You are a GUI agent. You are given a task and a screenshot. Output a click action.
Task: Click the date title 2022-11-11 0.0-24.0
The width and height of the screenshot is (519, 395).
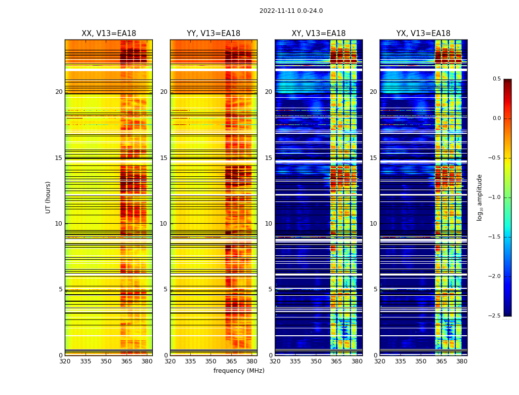[291, 11]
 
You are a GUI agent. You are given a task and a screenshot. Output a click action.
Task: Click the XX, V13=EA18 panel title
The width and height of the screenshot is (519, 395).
[109, 34]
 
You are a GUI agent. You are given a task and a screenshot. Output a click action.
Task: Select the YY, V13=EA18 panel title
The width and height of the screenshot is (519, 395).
[214, 34]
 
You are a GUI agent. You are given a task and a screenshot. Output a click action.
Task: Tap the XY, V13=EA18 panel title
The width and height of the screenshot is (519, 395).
[318, 34]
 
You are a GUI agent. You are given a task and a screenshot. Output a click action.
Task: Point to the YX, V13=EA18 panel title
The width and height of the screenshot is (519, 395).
[423, 34]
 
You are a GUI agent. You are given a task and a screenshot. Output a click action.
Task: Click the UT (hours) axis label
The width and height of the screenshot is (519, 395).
[48, 197]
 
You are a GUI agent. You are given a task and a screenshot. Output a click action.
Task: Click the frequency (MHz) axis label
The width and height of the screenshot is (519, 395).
[239, 371]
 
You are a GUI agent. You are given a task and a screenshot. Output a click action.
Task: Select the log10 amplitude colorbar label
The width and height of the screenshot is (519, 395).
[479, 197]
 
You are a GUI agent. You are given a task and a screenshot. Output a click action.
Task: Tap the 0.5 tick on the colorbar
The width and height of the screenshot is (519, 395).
[496, 79]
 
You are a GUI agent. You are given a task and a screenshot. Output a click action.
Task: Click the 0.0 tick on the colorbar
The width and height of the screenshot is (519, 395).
[496, 118]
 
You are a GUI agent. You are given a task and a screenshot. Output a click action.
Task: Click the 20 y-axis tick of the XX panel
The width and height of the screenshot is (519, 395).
[59, 92]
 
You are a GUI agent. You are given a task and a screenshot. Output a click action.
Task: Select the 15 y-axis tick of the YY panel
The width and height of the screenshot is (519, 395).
[164, 158]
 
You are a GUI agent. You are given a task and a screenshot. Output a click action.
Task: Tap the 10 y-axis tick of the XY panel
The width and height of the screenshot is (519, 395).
[269, 224]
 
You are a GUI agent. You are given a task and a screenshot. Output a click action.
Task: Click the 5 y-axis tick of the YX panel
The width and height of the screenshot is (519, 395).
[376, 289]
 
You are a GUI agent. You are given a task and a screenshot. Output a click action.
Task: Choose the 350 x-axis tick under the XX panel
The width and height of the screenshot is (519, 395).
[106, 361]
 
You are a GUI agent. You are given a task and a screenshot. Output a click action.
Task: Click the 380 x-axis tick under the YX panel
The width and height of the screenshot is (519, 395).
[462, 361]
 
